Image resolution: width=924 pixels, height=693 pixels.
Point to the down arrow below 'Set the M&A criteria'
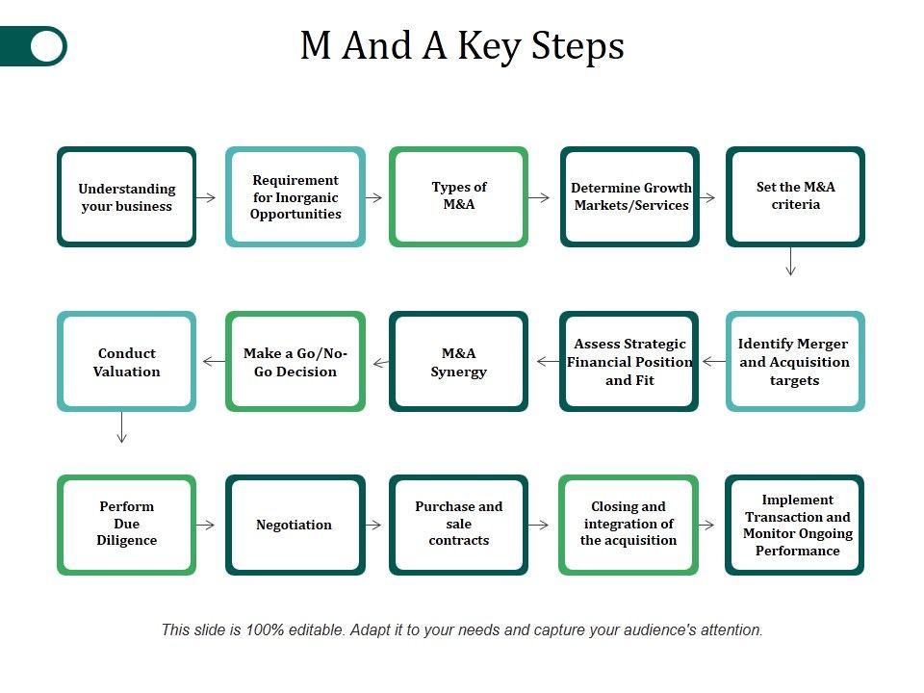coord(791,262)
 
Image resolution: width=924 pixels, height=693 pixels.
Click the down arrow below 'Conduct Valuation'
coord(122,427)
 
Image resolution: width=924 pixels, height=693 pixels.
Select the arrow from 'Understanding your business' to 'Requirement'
coord(206,197)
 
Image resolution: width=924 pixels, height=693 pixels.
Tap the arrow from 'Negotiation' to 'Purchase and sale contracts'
coord(373,525)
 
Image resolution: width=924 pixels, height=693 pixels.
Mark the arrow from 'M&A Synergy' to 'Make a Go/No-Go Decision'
coord(381,363)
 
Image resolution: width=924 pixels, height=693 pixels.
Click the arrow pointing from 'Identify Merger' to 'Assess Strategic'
coord(714,361)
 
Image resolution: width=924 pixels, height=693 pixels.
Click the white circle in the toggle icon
coord(47,46)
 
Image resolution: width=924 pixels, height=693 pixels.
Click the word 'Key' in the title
coord(489,46)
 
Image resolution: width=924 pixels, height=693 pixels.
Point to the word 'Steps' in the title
coord(577,46)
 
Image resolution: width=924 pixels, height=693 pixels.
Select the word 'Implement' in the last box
coord(797,500)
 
